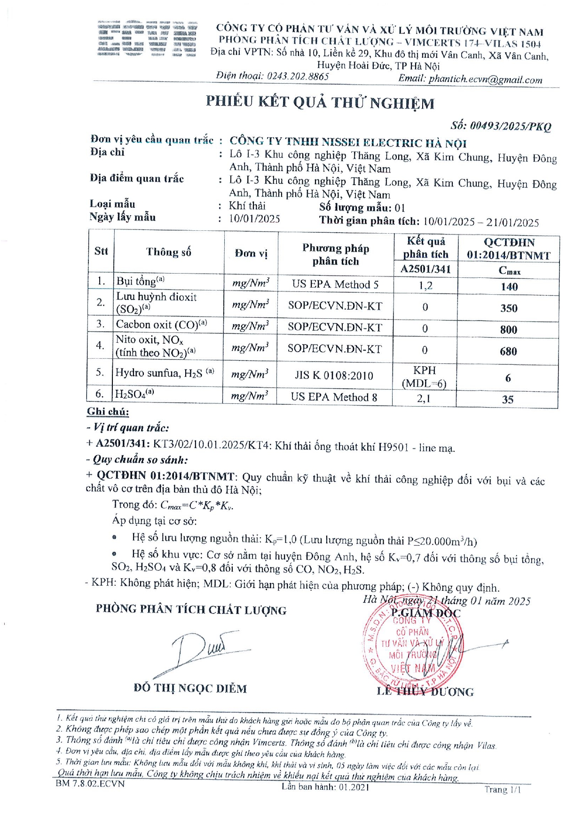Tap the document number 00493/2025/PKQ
(501, 126)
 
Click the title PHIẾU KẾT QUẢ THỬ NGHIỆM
(320, 102)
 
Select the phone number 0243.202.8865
(298, 76)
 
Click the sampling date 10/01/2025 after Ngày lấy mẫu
(254, 219)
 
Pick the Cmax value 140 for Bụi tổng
(509, 287)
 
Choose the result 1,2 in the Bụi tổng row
(425, 285)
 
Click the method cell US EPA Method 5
(335, 284)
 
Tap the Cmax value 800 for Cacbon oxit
(509, 330)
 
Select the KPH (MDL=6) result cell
(425, 377)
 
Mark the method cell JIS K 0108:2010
(334, 376)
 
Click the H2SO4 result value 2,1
(424, 399)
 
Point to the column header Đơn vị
(251, 253)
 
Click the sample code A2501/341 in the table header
(425, 269)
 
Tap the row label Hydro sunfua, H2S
(165, 373)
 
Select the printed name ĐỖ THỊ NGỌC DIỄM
(190, 689)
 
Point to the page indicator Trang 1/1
(503, 790)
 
